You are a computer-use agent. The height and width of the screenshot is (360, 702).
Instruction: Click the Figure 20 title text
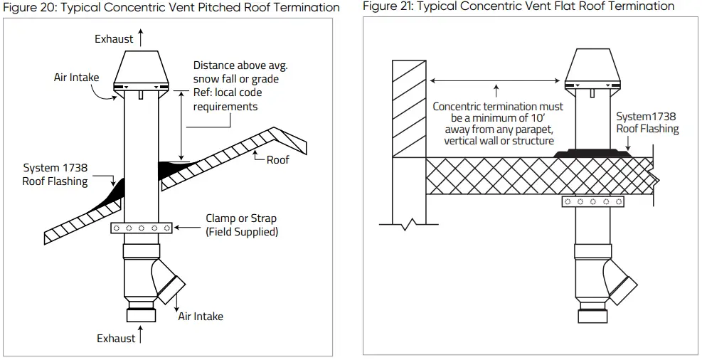[x=170, y=8]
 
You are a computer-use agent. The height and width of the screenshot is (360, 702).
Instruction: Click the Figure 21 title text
[x=518, y=6]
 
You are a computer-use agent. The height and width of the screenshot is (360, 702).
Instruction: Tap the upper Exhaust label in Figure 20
[x=114, y=39]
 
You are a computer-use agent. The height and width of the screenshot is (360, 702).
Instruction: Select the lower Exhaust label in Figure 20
[x=116, y=339]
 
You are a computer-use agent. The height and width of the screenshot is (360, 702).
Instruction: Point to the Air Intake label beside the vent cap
[x=77, y=78]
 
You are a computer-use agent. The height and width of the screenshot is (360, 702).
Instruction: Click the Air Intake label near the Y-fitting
[x=201, y=316]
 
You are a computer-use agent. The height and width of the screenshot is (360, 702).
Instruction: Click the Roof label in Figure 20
[x=277, y=160]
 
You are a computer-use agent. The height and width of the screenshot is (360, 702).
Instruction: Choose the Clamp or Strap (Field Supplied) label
[x=241, y=226]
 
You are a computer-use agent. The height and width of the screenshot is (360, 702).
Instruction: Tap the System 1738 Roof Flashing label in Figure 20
[x=55, y=175]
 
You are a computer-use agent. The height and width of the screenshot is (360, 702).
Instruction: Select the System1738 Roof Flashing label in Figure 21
[x=647, y=122]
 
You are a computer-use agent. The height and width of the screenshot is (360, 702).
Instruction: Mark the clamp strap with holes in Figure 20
[x=141, y=228]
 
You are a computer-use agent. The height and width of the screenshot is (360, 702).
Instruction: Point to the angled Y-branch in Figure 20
[x=167, y=280]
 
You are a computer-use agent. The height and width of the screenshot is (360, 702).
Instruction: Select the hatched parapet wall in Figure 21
[x=408, y=107]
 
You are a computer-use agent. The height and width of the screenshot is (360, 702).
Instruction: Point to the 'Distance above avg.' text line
[x=240, y=65]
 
